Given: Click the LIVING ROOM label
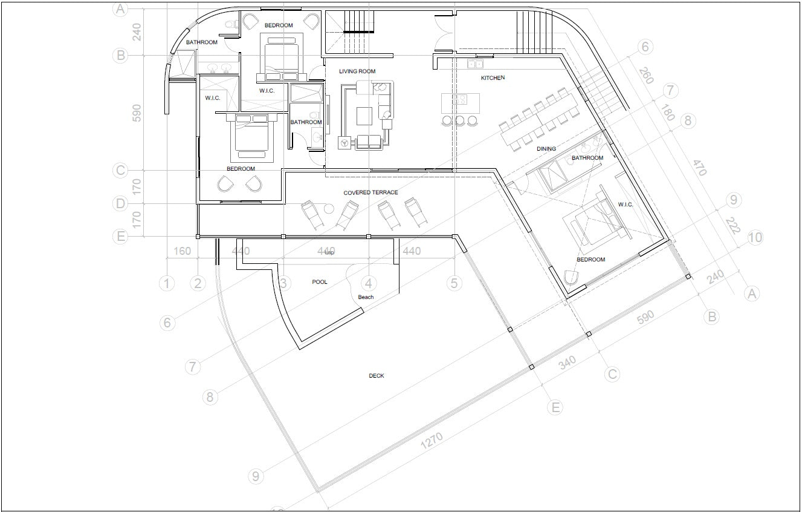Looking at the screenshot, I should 357,71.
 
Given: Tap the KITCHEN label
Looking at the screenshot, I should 493,78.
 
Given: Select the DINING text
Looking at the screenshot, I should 546,148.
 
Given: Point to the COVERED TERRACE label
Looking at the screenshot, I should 370,192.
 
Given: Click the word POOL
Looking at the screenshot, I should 319,282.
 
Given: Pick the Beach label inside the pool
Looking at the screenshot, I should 366,297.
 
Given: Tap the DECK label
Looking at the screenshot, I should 376,376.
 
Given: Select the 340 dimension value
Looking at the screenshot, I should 567,363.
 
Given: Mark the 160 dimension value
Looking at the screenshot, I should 182,251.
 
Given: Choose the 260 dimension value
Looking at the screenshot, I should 646,76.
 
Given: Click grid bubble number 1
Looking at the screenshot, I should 167,283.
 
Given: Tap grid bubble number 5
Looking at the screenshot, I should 454,283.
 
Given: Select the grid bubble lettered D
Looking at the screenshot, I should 121,204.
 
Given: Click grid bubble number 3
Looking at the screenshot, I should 282,283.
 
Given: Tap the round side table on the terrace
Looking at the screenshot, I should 329,209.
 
